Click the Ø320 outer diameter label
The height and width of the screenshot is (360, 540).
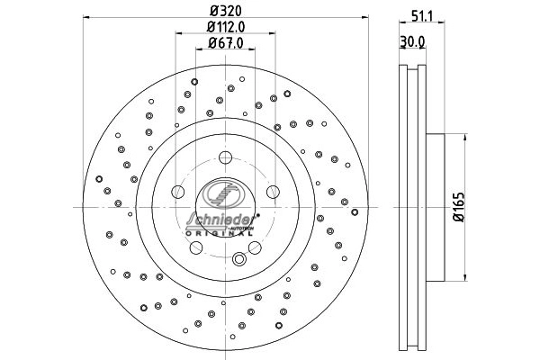225,11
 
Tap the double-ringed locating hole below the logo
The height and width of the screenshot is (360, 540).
239,259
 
